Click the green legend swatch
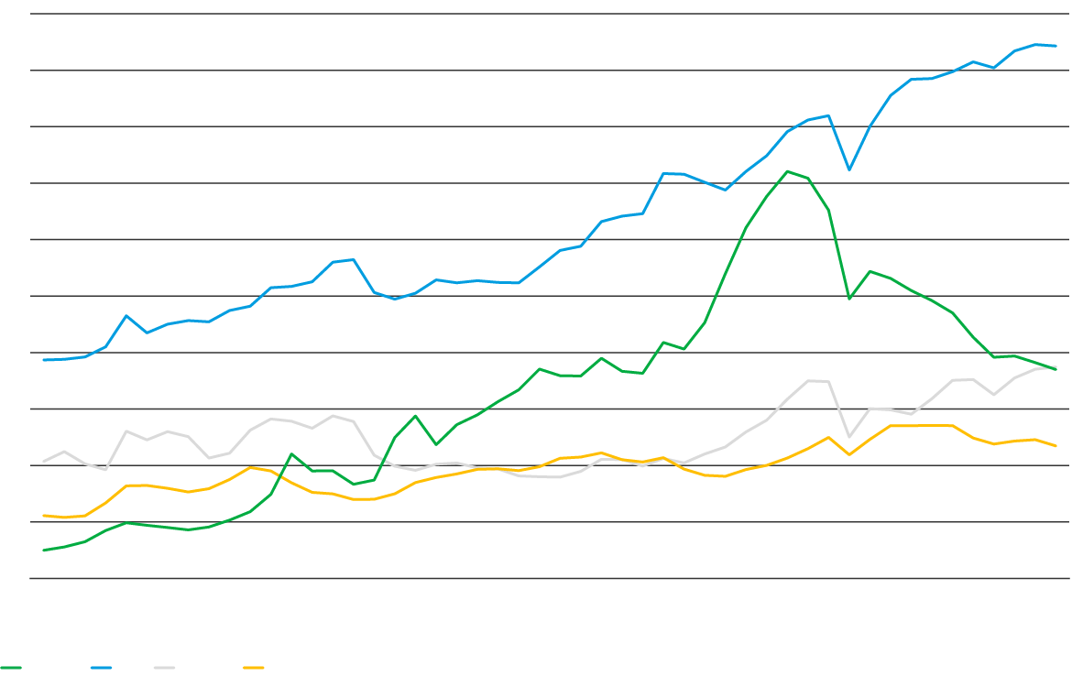[x=11, y=668]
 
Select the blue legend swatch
[x=101, y=668]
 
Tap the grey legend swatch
[x=164, y=668]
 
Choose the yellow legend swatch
[x=254, y=668]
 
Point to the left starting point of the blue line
[x=44, y=360]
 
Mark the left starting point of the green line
[x=44, y=551]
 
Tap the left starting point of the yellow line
[x=44, y=516]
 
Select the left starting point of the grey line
[x=44, y=461]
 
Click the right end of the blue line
[x=1056, y=45]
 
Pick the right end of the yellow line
[x=1056, y=446]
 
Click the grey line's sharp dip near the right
[x=849, y=437]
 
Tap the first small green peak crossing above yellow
[x=291, y=453]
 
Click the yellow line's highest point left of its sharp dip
[x=828, y=437]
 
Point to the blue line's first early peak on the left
[x=126, y=315]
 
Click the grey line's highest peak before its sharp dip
[x=809, y=380]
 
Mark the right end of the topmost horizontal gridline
[x=1068, y=14]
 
